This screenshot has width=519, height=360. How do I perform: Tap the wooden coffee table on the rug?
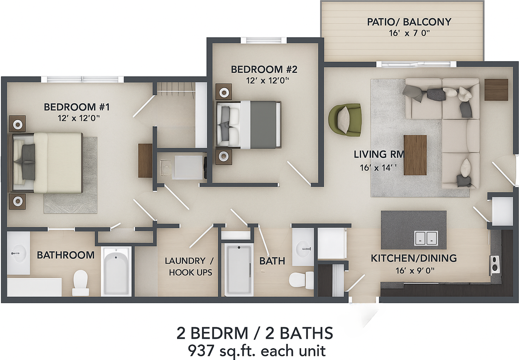pos(415,155)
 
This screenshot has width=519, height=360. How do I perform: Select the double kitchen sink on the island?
pos(426,238)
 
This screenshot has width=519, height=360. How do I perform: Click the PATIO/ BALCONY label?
pos(409,22)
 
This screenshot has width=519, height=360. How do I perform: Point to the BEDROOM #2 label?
pos(264,69)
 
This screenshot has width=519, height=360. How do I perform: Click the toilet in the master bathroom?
pos(80,282)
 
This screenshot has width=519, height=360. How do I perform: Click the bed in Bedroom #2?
pos(249,124)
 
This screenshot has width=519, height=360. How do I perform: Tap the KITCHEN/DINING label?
pos(414,258)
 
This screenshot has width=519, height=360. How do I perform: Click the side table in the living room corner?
pos(496,90)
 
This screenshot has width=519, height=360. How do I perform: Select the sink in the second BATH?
pos(302,247)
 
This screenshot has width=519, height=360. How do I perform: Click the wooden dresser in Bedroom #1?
pos(145,161)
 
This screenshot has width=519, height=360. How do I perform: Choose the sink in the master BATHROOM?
pos(18,254)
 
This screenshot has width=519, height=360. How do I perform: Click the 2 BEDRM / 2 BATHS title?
pos(255,333)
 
